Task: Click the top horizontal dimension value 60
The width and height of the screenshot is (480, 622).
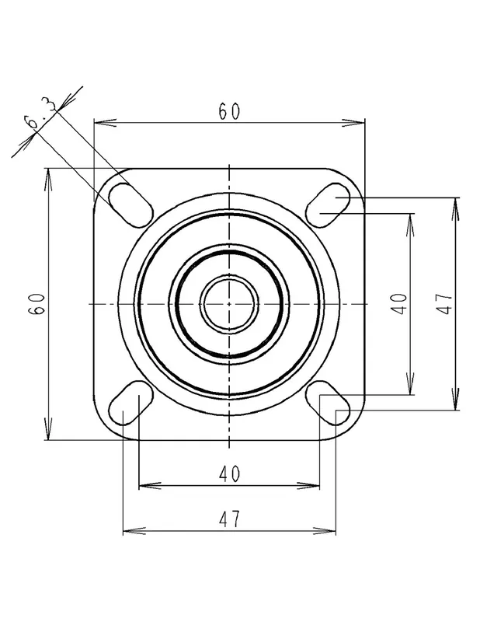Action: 229,111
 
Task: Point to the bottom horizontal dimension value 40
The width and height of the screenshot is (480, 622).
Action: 229,473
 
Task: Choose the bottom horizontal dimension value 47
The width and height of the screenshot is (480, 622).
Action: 229,519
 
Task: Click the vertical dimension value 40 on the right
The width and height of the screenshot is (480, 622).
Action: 399,304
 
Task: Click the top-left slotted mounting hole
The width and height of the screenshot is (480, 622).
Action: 130,205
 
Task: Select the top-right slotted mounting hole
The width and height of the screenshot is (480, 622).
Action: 329,205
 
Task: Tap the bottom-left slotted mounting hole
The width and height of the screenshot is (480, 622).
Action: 130,403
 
